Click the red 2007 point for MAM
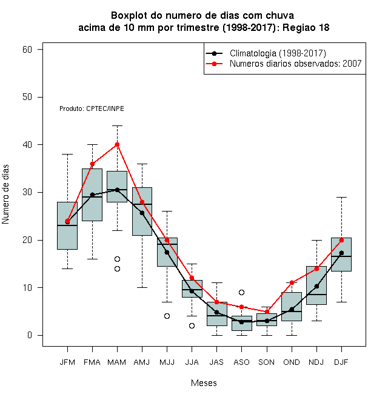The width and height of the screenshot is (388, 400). point(117,145)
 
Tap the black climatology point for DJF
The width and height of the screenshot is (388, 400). point(341,253)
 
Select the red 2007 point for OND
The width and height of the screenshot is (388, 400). point(292,282)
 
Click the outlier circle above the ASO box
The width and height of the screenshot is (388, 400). point(241,292)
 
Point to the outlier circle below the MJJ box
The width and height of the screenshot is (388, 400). point(167,316)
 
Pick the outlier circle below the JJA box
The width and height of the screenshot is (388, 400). point(192,326)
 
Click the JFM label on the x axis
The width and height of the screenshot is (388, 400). point(67,362)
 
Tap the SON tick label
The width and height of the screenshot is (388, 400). point(267,362)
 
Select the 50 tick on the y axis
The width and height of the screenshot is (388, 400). point(27,97)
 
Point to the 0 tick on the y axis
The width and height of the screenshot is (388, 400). point(30,335)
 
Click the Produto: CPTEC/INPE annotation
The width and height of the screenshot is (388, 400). point(92,108)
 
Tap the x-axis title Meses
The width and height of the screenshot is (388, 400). point(204,383)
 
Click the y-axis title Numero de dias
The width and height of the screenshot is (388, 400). point(5,195)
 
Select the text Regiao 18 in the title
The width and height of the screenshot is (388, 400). point(306,27)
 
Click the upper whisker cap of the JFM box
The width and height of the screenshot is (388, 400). point(67,154)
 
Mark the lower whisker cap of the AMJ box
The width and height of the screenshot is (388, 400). point(142,287)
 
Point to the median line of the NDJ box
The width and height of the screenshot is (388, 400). point(316,295)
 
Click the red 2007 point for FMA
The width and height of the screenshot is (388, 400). point(92,164)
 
